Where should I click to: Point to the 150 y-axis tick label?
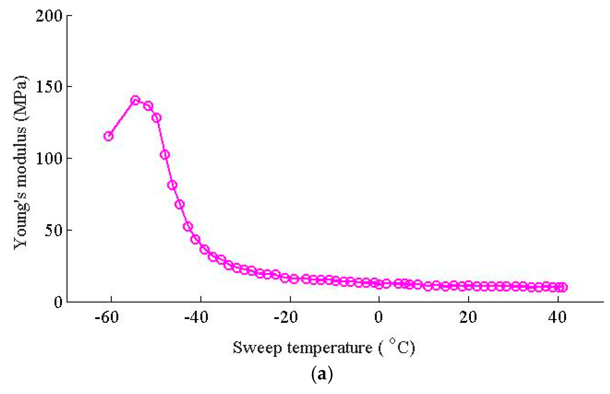[x=49, y=87]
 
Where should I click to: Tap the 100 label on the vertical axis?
[x=49, y=158]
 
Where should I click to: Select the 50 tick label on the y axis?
[x=53, y=230]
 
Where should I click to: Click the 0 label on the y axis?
[x=58, y=302]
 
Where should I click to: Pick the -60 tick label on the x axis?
[x=107, y=318]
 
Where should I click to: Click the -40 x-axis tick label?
[x=196, y=318]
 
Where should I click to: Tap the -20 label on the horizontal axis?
[x=286, y=318]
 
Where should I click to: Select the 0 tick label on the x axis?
[x=378, y=318]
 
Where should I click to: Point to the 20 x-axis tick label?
[x=468, y=318]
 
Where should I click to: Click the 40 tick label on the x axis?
[x=558, y=318]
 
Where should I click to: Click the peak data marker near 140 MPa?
[x=135, y=100]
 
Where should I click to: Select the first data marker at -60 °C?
[x=108, y=136]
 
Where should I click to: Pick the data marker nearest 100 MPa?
[x=165, y=155]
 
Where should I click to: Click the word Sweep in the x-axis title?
[x=257, y=348]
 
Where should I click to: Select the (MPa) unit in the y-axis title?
[x=21, y=98]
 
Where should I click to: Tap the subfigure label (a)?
[x=322, y=374]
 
